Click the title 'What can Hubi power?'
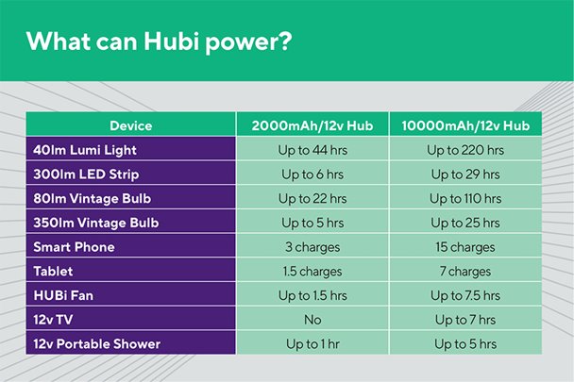[160, 42]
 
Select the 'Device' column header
[130, 125]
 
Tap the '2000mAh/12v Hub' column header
[312, 125]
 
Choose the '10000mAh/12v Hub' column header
[465, 125]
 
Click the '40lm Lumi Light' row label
[85, 150]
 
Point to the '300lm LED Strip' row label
[86, 174]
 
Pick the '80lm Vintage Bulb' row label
[92, 198]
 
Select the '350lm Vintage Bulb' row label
[96, 223]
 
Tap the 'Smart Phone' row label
[74, 247]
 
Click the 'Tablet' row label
[53, 271]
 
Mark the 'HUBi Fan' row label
[63, 295]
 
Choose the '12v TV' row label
[53, 320]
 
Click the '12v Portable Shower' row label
[97, 344]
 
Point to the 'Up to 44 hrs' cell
[312, 150]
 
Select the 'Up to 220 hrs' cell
[465, 150]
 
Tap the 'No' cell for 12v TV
[312, 320]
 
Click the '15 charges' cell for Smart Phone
[465, 247]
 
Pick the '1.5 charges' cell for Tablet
[312, 272]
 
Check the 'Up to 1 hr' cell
[312, 344]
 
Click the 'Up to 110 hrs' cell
[465, 199]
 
